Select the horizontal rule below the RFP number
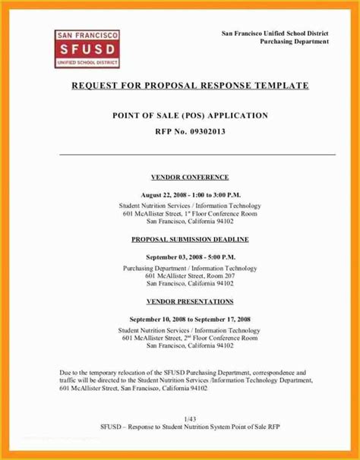pyautogui.click(x=197, y=154)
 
